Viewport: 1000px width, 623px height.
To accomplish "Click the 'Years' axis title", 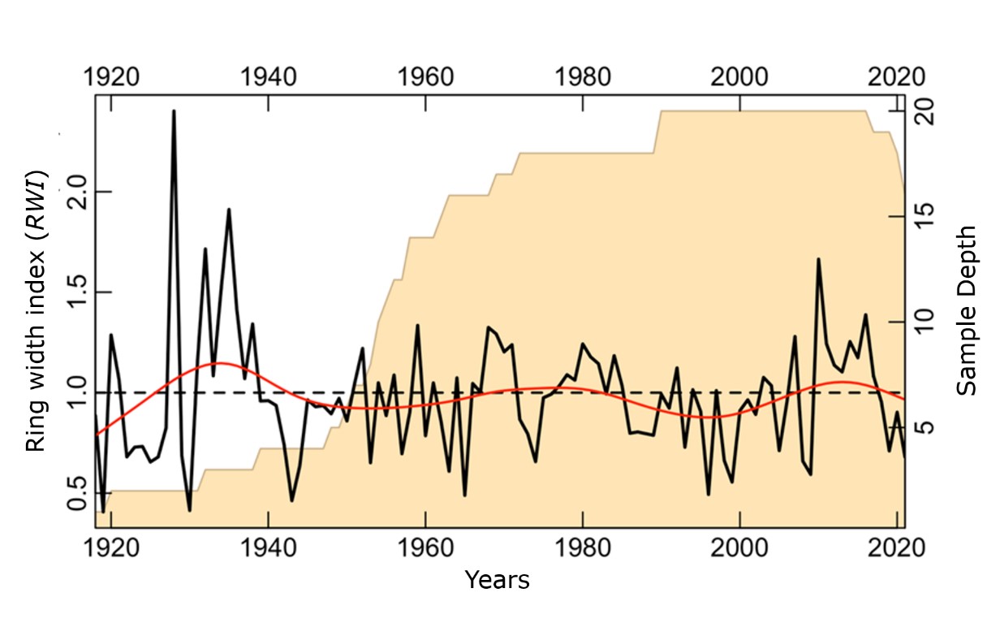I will [x=497, y=580].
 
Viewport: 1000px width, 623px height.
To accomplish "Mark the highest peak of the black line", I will [x=174, y=111].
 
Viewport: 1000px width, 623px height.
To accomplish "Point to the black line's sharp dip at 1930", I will [x=189, y=510].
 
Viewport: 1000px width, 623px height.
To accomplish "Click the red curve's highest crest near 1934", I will [x=221, y=363].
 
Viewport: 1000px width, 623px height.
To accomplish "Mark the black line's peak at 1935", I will [x=229, y=210].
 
